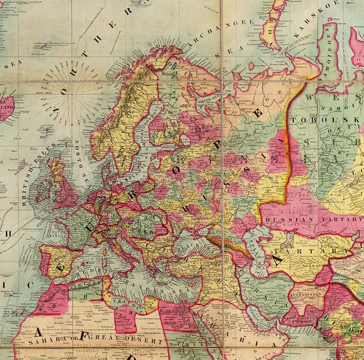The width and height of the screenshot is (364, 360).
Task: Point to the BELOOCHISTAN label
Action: [301, 317]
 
